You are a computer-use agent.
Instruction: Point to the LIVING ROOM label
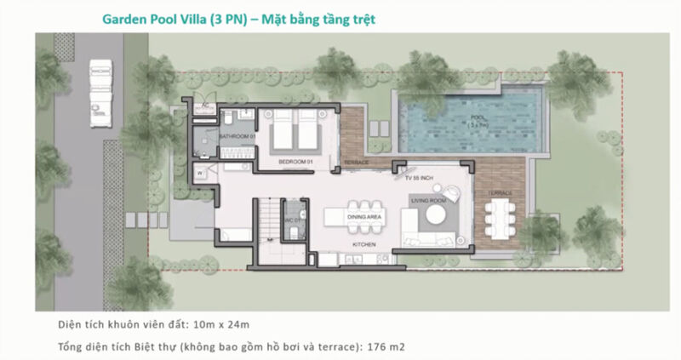click(428, 201)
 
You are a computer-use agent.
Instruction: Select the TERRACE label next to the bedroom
click(356, 162)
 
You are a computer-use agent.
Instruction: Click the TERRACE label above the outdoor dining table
click(498, 193)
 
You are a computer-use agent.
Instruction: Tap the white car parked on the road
click(101, 91)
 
